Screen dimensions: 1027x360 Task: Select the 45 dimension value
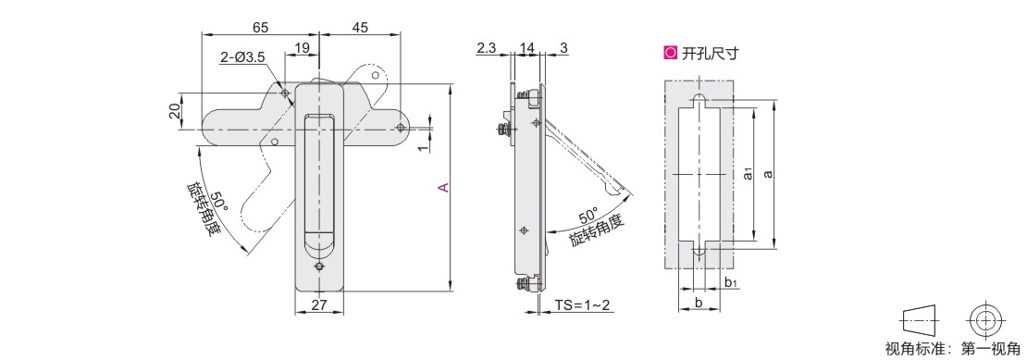[x=360, y=27]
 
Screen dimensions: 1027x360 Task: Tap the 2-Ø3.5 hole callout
[x=242, y=57]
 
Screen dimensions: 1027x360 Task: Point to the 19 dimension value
[x=302, y=47]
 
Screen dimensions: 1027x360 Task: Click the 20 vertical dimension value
[x=174, y=111]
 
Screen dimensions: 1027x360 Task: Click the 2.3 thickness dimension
[x=487, y=47]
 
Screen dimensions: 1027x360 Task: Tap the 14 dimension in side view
[x=526, y=47]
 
